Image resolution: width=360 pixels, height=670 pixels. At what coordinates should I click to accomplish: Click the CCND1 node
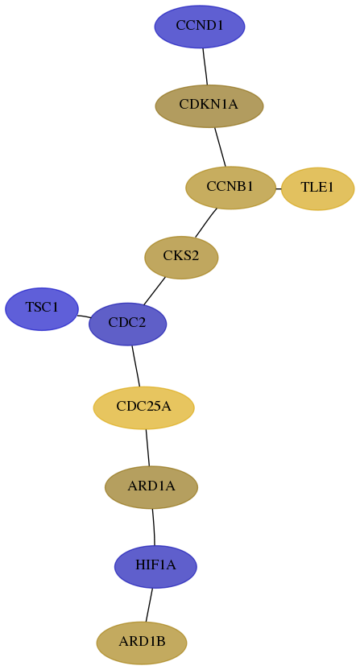coord(200,27)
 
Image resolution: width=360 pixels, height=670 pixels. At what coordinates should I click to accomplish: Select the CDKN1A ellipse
coord(209,106)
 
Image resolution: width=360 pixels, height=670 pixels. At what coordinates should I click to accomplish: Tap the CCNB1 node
coord(231,188)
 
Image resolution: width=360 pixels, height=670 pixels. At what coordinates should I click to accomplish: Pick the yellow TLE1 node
coord(317,188)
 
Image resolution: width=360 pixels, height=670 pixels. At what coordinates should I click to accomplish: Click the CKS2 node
coord(181,257)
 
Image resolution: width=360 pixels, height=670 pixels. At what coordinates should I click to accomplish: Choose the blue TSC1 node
coord(42,308)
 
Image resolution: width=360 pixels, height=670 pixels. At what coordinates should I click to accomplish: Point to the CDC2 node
coord(127,324)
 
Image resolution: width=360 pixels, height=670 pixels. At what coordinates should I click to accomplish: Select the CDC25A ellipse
coord(144,407)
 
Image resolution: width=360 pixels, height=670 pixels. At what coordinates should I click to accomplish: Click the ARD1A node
coord(151,487)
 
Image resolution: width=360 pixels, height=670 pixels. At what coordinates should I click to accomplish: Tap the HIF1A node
coord(155,567)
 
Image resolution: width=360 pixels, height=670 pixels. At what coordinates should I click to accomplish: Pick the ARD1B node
coord(142,643)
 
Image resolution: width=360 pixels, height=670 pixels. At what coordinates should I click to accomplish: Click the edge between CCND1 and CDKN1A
coord(205,66)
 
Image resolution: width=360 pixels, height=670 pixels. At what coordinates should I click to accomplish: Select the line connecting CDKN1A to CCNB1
coord(220,147)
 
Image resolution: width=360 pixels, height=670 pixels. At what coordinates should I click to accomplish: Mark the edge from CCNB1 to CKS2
coord(206,222)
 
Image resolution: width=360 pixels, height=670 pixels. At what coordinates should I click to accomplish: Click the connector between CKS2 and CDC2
coord(155,291)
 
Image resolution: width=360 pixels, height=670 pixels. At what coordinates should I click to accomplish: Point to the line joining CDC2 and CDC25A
coord(136,366)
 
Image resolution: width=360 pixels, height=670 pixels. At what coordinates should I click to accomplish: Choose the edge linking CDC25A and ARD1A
coord(148,448)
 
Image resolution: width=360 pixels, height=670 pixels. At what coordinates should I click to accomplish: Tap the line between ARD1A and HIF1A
coord(154,527)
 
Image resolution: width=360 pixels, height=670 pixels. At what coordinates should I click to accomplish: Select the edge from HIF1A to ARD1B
coord(149,605)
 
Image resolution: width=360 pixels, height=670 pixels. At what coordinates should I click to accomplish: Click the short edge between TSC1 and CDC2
coord(84,316)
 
